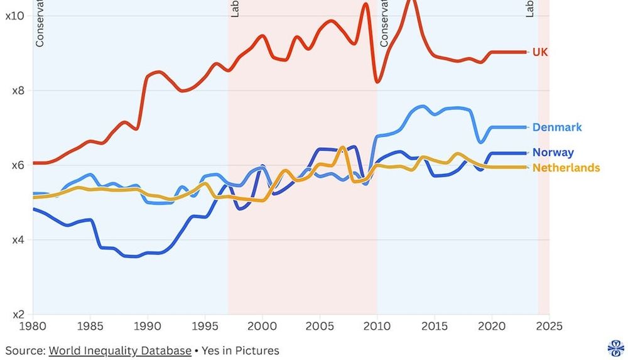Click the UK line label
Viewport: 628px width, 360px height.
click(x=540, y=52)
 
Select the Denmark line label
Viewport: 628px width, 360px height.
click(x=557, y=128)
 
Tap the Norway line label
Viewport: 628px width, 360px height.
click(x=553, y=153)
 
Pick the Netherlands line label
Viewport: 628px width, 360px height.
click(x=566, y=168)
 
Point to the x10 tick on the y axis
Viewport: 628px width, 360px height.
click(x=14, y=15)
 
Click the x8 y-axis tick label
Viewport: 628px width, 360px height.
click(x=18, y=90)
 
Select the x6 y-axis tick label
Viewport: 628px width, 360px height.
click(x=18, y=165)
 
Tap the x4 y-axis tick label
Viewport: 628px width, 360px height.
click(x=18, y=240)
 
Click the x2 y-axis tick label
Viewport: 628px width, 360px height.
click(x=18, y=315)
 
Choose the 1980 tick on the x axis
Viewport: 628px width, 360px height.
click(x=33, y=327)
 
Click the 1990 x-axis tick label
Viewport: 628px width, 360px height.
click(x=148, y=327)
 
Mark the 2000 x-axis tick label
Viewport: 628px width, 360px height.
click(x=263, y=327)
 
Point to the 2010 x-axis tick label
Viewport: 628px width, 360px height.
click(x=377, y=327)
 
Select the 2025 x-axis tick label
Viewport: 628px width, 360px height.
click(x=549, y=327)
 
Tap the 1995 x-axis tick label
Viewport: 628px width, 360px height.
click(x=205, y=327)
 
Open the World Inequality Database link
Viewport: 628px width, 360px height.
click(x=120, y=351)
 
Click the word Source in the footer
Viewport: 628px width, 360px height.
click(x=24, y=351)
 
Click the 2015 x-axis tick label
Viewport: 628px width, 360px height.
click(x=435, y=327)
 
